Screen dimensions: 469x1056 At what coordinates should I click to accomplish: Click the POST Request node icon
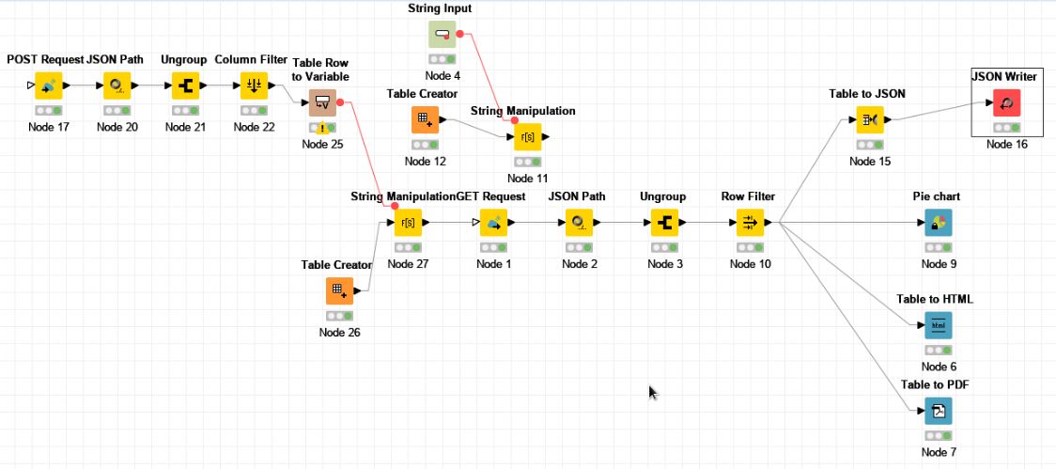[x=48, y=86]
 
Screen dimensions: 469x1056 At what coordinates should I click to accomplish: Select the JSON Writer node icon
[x=1006, y=103]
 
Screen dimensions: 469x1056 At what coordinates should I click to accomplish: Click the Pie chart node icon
[x=938, y=224]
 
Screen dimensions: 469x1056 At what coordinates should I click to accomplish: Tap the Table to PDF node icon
[x=938, y=411]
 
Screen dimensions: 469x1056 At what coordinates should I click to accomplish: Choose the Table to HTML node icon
[x=938, y=325]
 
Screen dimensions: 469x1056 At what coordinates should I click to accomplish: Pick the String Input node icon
[x=442, y=35]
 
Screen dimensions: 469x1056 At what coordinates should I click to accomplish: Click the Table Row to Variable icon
[x=322, y=102]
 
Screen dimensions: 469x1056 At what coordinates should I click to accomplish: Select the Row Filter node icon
[x=750, y=224]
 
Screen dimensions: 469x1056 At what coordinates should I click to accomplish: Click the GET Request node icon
[x=493, y=224]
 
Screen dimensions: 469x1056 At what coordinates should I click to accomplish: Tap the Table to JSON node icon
[x=869, y=119]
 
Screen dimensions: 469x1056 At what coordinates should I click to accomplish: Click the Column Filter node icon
[x=254, y=86]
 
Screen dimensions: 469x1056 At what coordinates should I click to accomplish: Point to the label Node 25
[x=321, y=144]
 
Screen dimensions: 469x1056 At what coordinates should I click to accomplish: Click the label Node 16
[x=1005, y=144]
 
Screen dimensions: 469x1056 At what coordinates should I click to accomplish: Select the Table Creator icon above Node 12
[x=425, y=119]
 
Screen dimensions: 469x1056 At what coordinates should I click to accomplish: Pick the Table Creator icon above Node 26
[x=339, y=290]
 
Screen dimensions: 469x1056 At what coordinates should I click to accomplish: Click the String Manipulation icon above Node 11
[x=528, y=137]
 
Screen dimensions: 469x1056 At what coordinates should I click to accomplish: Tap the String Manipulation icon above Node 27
[x=408, y=224]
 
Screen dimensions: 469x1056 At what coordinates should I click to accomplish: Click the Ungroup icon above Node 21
[x=185, y=86]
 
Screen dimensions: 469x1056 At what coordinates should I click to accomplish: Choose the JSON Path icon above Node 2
[x=579, y=224]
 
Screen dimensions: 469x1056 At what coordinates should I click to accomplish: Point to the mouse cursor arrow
[x=652, y=390]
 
